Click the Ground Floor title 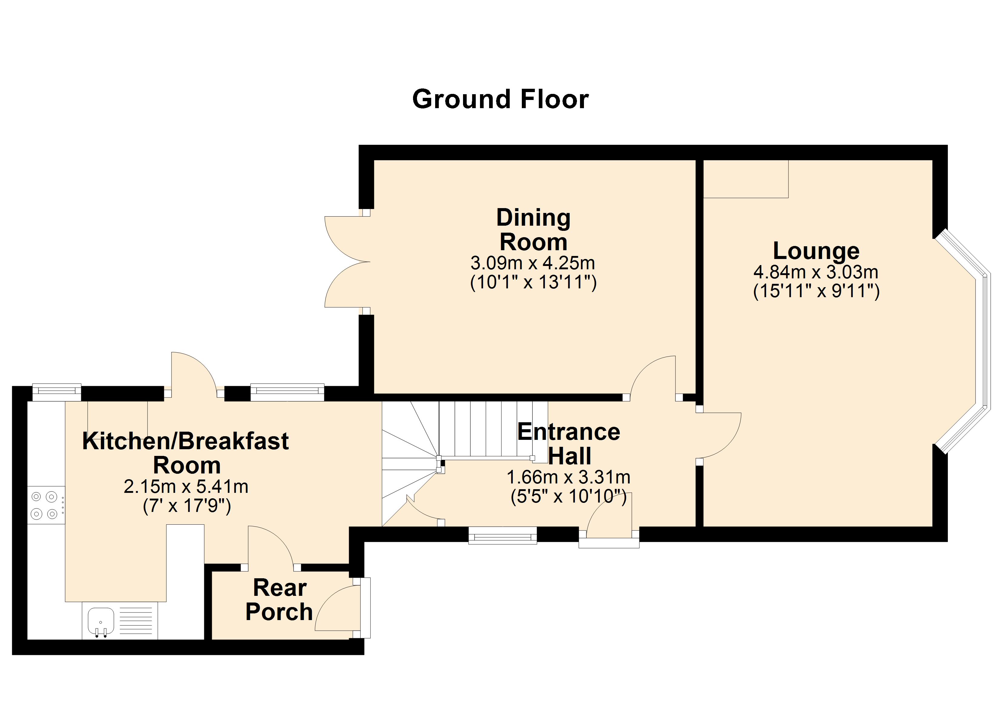(x=500, y=99)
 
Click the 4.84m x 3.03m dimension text (x=816, y=272)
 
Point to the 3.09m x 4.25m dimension (x=533, y=263)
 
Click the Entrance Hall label (x=569, y=443)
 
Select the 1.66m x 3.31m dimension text (x=568, y=477)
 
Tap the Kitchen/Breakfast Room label (x=186, y=453)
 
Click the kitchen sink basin (x=101, y=620)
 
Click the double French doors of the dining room (x=346, y=262)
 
